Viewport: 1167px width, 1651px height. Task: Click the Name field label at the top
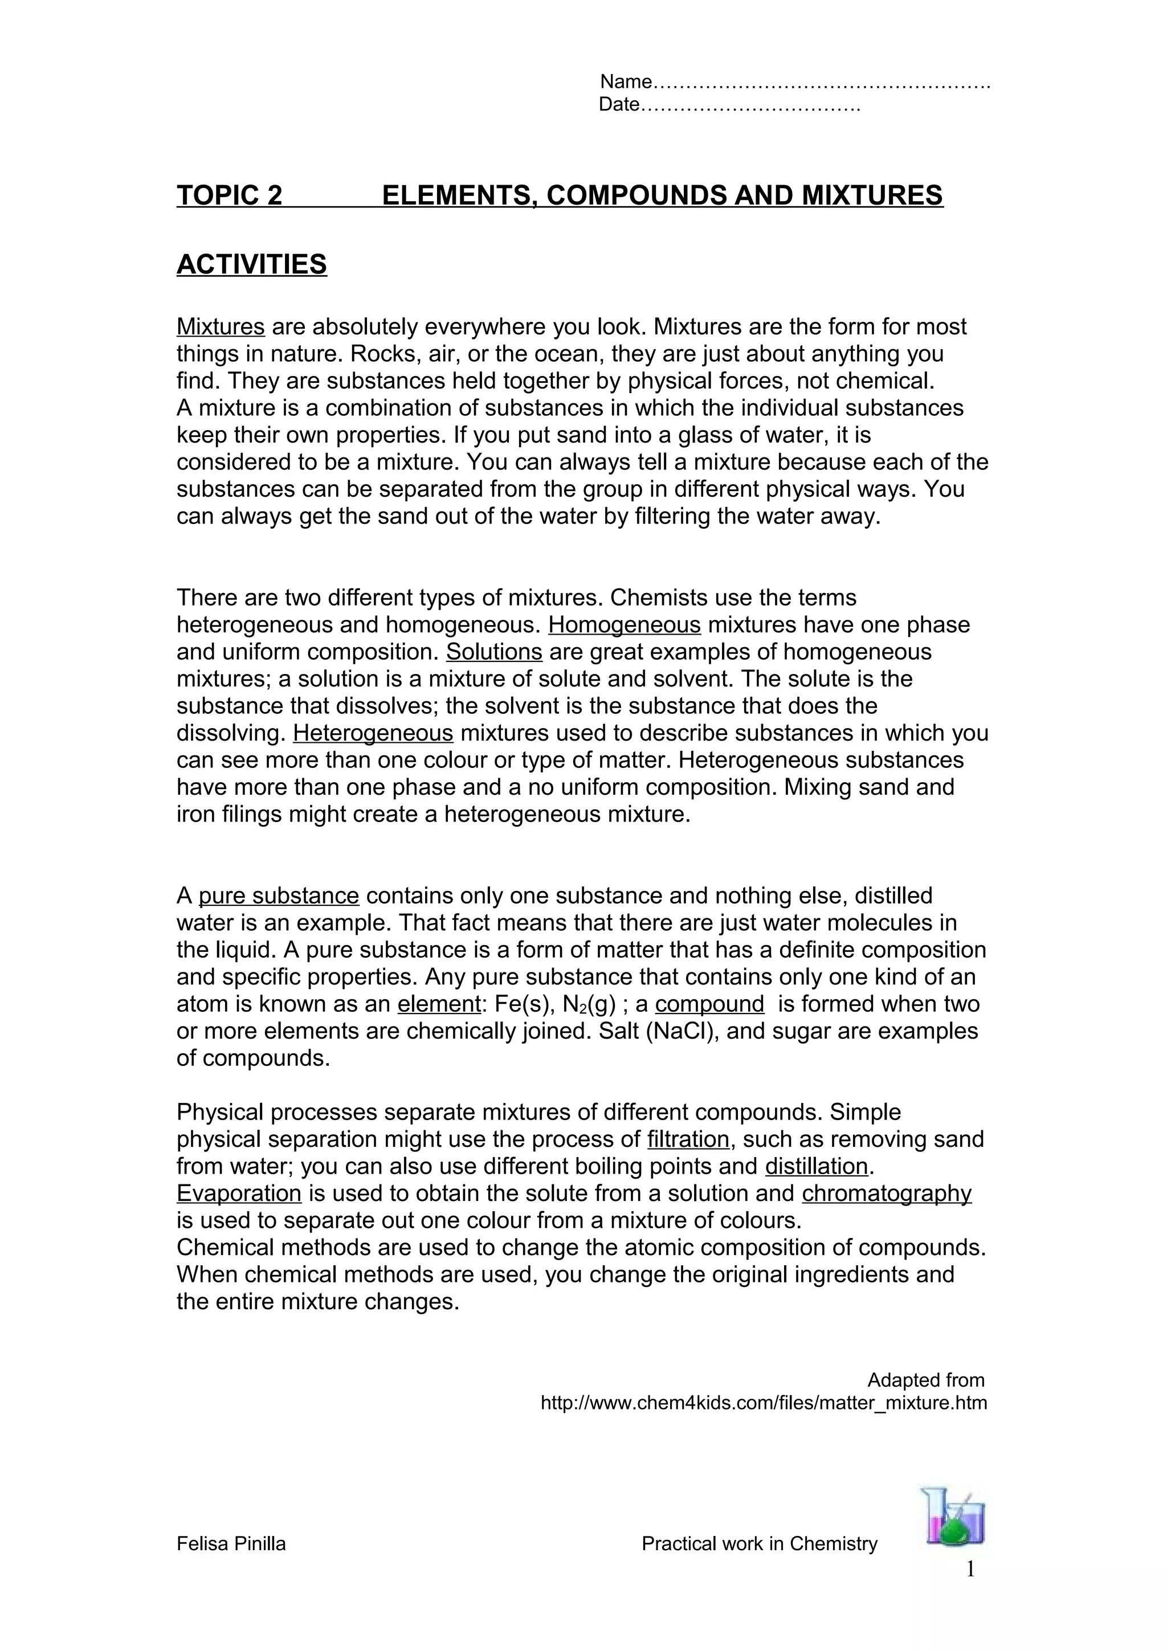[626, 81]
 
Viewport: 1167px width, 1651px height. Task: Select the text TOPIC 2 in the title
[230, 195]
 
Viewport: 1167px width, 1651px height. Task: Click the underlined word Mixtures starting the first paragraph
[221, 327]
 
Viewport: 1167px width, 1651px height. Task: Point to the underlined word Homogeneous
[624, 625]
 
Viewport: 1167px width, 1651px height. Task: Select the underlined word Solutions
[494, 652]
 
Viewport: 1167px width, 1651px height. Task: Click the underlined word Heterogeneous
[373, 733]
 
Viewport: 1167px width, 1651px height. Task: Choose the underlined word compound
[709, 1004]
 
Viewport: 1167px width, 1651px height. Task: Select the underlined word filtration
[688, 1140]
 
